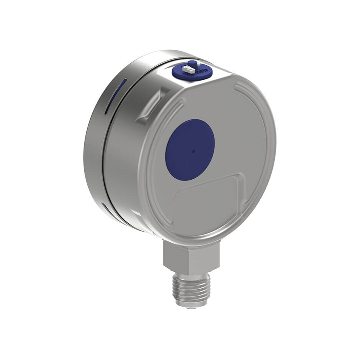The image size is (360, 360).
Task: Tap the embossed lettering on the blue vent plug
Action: pyautogui.click(x=204, y=71)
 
